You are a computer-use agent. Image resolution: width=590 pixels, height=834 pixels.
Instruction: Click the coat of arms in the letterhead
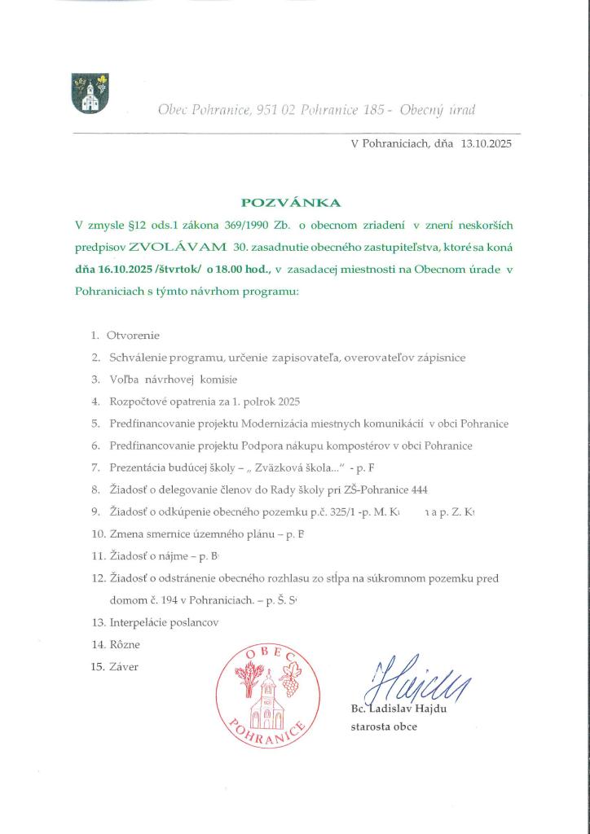[90, 93]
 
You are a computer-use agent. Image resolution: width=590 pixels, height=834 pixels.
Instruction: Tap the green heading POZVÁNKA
[291, 203]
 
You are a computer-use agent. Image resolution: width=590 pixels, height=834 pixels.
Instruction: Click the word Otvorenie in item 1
[133, 335]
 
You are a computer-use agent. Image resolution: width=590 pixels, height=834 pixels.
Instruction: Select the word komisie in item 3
[214, 379]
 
